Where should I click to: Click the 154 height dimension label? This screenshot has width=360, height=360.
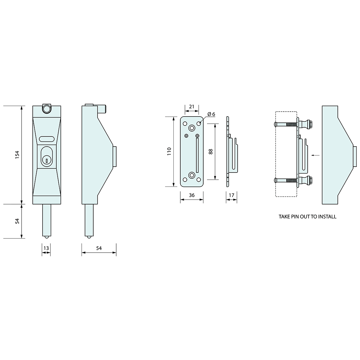pos(17,155)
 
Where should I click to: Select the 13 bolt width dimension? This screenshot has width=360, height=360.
pos(46,248)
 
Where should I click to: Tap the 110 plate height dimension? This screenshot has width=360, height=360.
pos(169,152)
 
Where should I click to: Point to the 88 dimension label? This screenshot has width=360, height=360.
pos(211,152)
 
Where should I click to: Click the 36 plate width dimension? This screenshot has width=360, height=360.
pos(192,195)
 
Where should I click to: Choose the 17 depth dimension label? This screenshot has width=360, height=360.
pos(231,195)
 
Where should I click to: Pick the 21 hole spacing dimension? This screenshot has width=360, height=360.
pos(192,107)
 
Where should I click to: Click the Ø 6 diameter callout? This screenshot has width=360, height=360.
pos(211,114)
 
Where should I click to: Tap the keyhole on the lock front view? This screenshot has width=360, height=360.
pos(46,160)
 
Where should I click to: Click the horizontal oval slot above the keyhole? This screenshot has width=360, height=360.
pos(46,139)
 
